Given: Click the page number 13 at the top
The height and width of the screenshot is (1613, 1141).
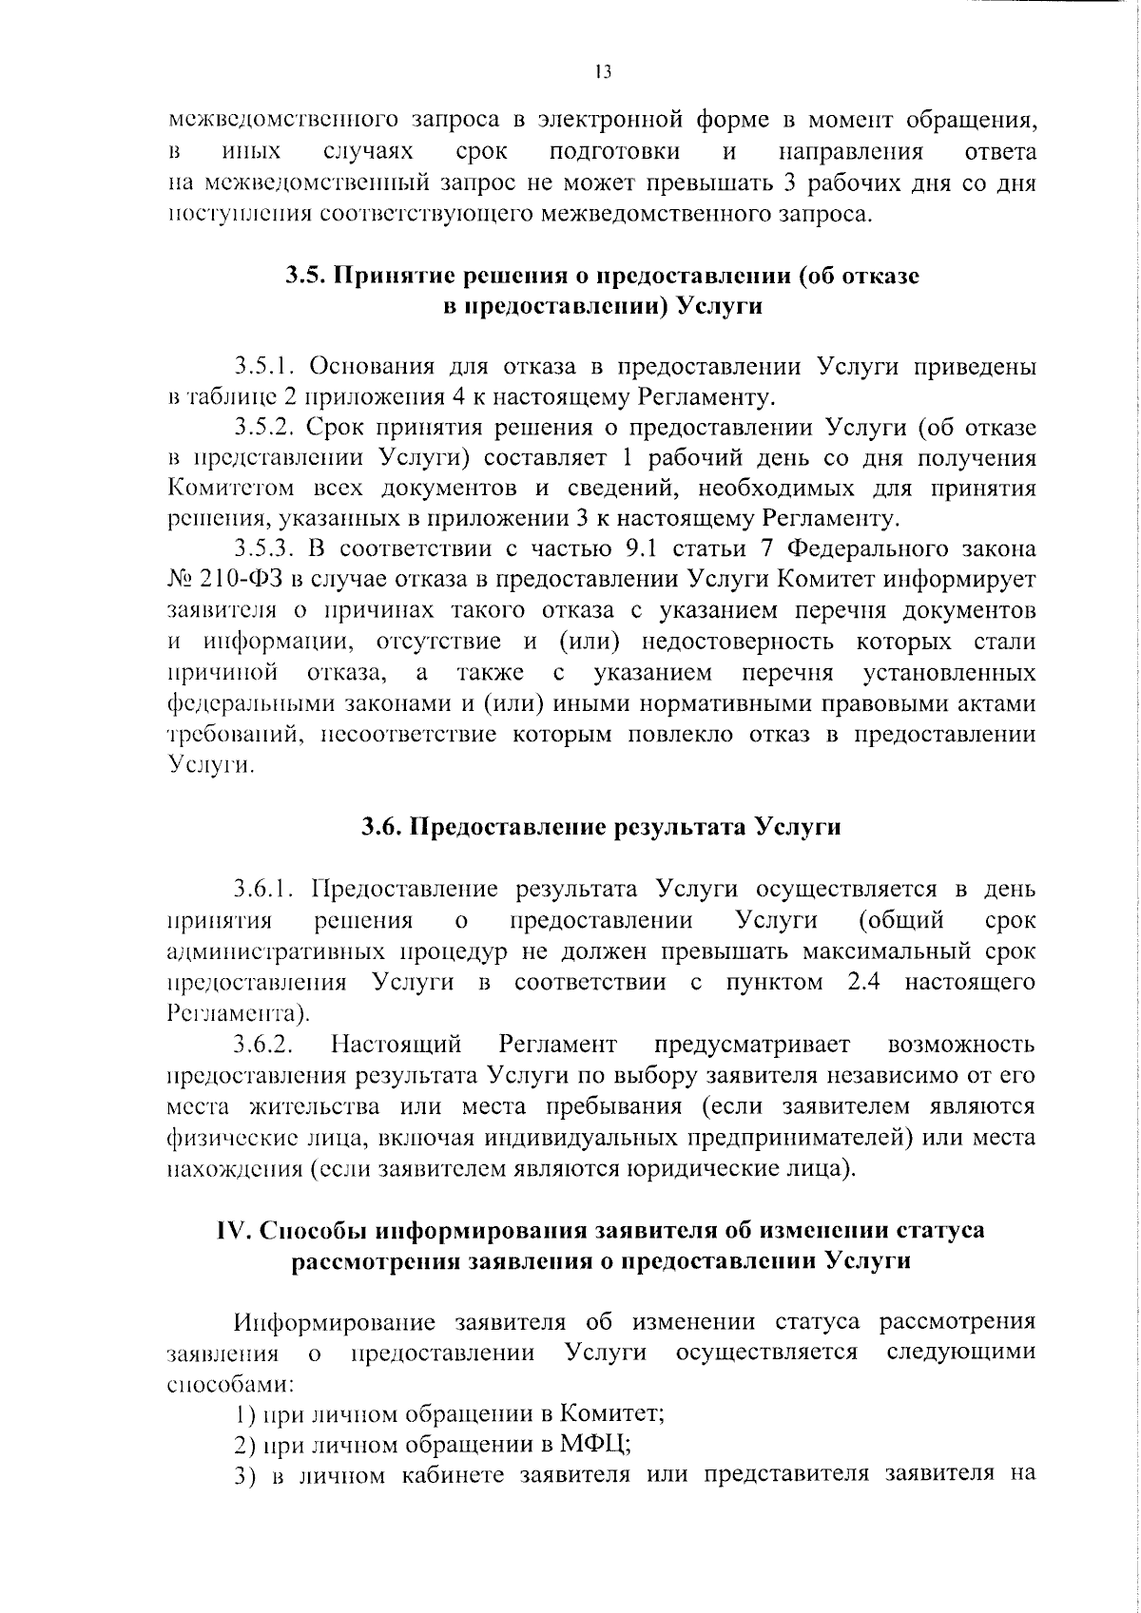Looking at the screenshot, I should click(x=602, y=71).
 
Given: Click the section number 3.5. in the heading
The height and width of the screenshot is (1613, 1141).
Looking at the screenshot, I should click(x=306, y=276).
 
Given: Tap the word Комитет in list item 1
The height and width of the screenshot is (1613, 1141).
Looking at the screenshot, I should click(x=612, y=1413).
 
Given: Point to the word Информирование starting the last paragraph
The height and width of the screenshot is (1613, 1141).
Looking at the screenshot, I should click(x=336, y=1322).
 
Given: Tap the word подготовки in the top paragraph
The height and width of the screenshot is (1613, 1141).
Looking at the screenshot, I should click(x=615, y=151).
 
